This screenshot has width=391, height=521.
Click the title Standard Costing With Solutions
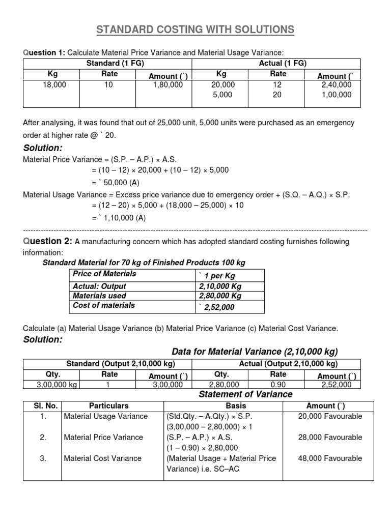(x=195, y=30)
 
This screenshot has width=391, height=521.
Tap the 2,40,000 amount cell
(x=334, y=85)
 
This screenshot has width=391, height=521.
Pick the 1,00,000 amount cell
(x=334, y=95)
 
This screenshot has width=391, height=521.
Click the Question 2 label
(x=47, y=241)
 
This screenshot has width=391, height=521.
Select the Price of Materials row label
(x=104, y=274)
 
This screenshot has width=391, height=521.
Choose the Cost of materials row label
(x=104, y=305)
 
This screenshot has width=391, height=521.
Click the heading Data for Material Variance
(x=255, y=352)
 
